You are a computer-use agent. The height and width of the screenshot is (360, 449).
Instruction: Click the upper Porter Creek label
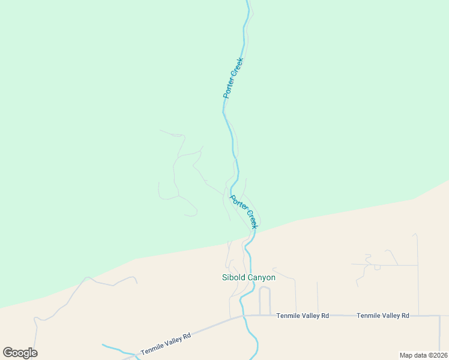[233, 78]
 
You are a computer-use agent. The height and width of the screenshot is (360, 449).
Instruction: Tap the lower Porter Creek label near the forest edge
[244, 212]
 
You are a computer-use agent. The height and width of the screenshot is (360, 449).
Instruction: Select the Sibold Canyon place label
[249, 278]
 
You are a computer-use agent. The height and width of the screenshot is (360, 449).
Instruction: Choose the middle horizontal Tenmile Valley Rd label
[303, 316]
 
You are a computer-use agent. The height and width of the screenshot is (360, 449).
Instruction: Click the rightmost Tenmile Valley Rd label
[382, 316]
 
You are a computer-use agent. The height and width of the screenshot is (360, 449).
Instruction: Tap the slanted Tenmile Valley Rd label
[166, 344]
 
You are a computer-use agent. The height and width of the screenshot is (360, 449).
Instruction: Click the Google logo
[20, 353]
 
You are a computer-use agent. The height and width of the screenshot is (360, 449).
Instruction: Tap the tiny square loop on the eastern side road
[378, 267]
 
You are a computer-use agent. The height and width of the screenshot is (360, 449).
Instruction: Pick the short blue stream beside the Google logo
[117, 349]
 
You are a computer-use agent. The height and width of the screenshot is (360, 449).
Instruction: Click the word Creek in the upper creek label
[238, 68]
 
